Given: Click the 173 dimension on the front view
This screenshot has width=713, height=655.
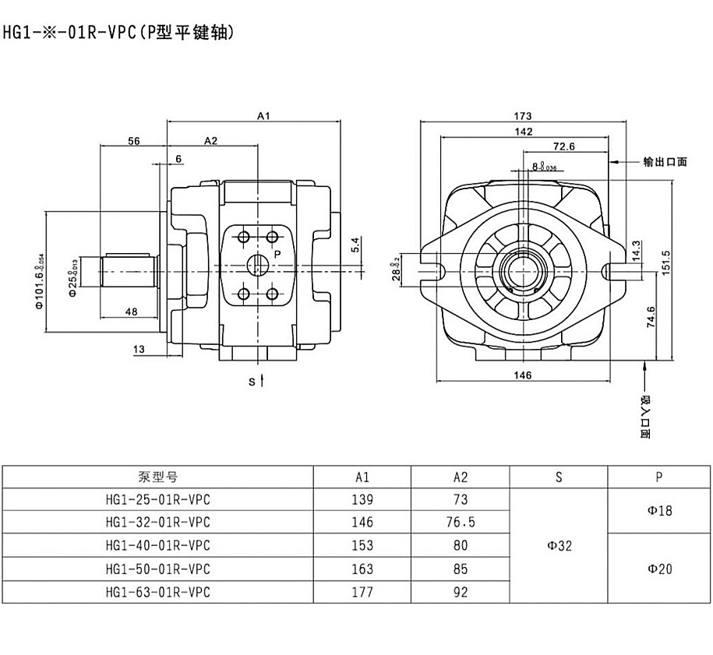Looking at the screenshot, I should (x=523, y=117).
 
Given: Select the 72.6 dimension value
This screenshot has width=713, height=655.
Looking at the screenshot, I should (x=563, y=146).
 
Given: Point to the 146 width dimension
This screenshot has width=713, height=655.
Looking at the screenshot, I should (x=523, y=375).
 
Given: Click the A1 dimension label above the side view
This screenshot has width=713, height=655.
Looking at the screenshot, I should (x=263, y=117).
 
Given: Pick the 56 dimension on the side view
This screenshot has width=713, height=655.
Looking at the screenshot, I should (x=133, y=141).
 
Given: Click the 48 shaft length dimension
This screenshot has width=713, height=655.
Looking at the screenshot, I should (x=131, y=312).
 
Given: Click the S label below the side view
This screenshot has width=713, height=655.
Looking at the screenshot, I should (x=252, y=382).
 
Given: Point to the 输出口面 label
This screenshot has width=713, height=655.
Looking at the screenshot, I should (x=665, y=162).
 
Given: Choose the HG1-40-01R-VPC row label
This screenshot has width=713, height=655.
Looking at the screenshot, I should (x=157, y=546).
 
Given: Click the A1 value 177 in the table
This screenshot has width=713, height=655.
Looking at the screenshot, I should (x=362, y=592).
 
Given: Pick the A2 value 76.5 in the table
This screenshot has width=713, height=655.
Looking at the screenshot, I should (x=461, y=522).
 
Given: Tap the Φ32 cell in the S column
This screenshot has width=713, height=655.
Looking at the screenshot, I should (x=559, y=546).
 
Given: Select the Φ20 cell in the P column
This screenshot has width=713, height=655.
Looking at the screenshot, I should (x=659, y=569).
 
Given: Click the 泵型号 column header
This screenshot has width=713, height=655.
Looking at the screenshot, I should (x=157, y=477).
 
